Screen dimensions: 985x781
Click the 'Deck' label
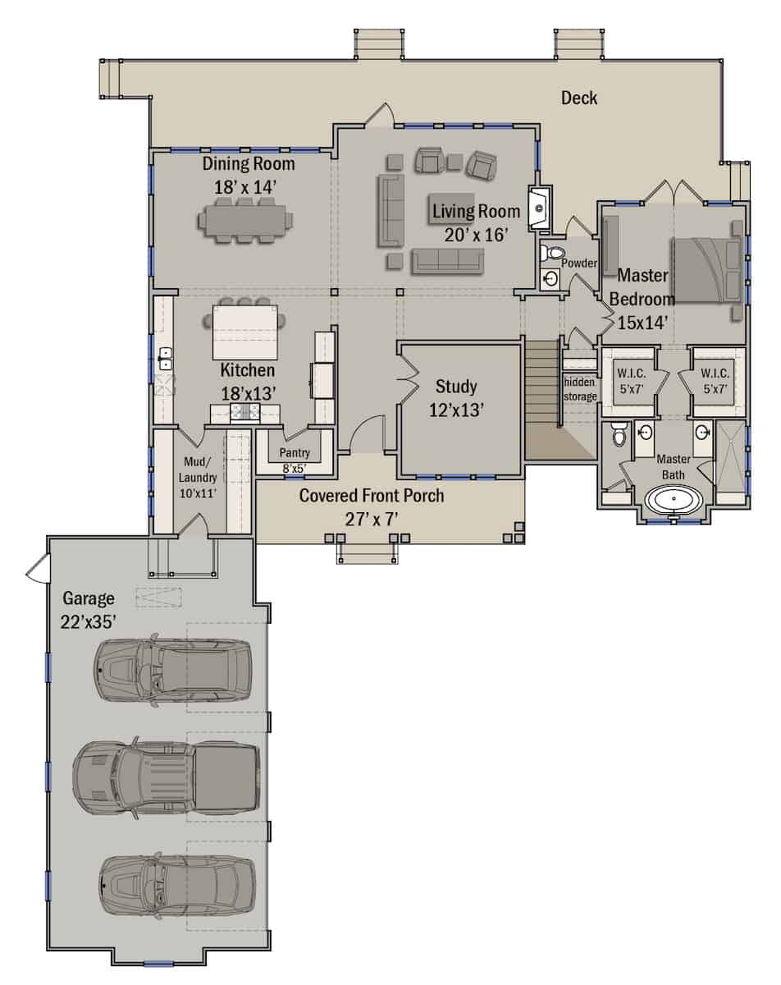click(x=578, y=98)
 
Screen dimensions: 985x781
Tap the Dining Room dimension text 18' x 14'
click(x=244, y=186)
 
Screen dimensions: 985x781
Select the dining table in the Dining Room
click(x=244, y=220)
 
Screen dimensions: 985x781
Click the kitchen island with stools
click(x=244, y=323)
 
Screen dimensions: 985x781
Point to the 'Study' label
click(x=456, y=386)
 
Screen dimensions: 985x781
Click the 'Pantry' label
click(x=294, y=452)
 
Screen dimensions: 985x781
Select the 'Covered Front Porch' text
click(x=372, y=496)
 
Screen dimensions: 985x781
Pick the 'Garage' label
click(x=88, y=598)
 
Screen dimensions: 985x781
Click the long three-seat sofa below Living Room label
click(x=447, y=261)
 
